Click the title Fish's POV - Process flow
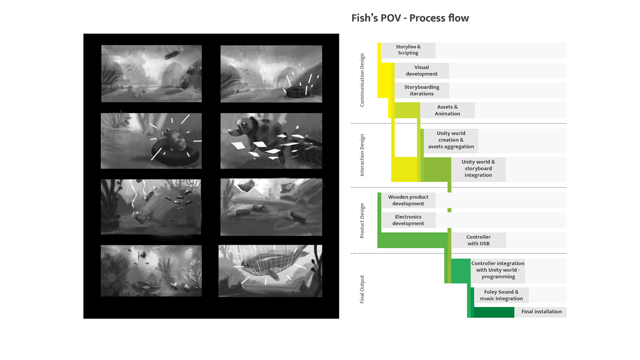pos(410,18)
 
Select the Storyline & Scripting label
pos(408,50)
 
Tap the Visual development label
pos(421,70)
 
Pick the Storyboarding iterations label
pos(421,90)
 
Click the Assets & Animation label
pos(447,110)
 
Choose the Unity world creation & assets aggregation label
pos(450,140)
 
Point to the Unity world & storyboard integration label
pos(478,169)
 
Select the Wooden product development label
pos(408,200)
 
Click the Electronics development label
pos(408,220)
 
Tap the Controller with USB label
pos(478,240)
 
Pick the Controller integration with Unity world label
pos(497,270)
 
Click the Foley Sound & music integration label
pos(501,295)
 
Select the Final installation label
pos(541,312)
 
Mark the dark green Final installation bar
pos(493,312)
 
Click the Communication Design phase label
pos(362,80)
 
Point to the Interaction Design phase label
pos(362,155)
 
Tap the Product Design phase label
pos(362,220)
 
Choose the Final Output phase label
pos(362,289)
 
